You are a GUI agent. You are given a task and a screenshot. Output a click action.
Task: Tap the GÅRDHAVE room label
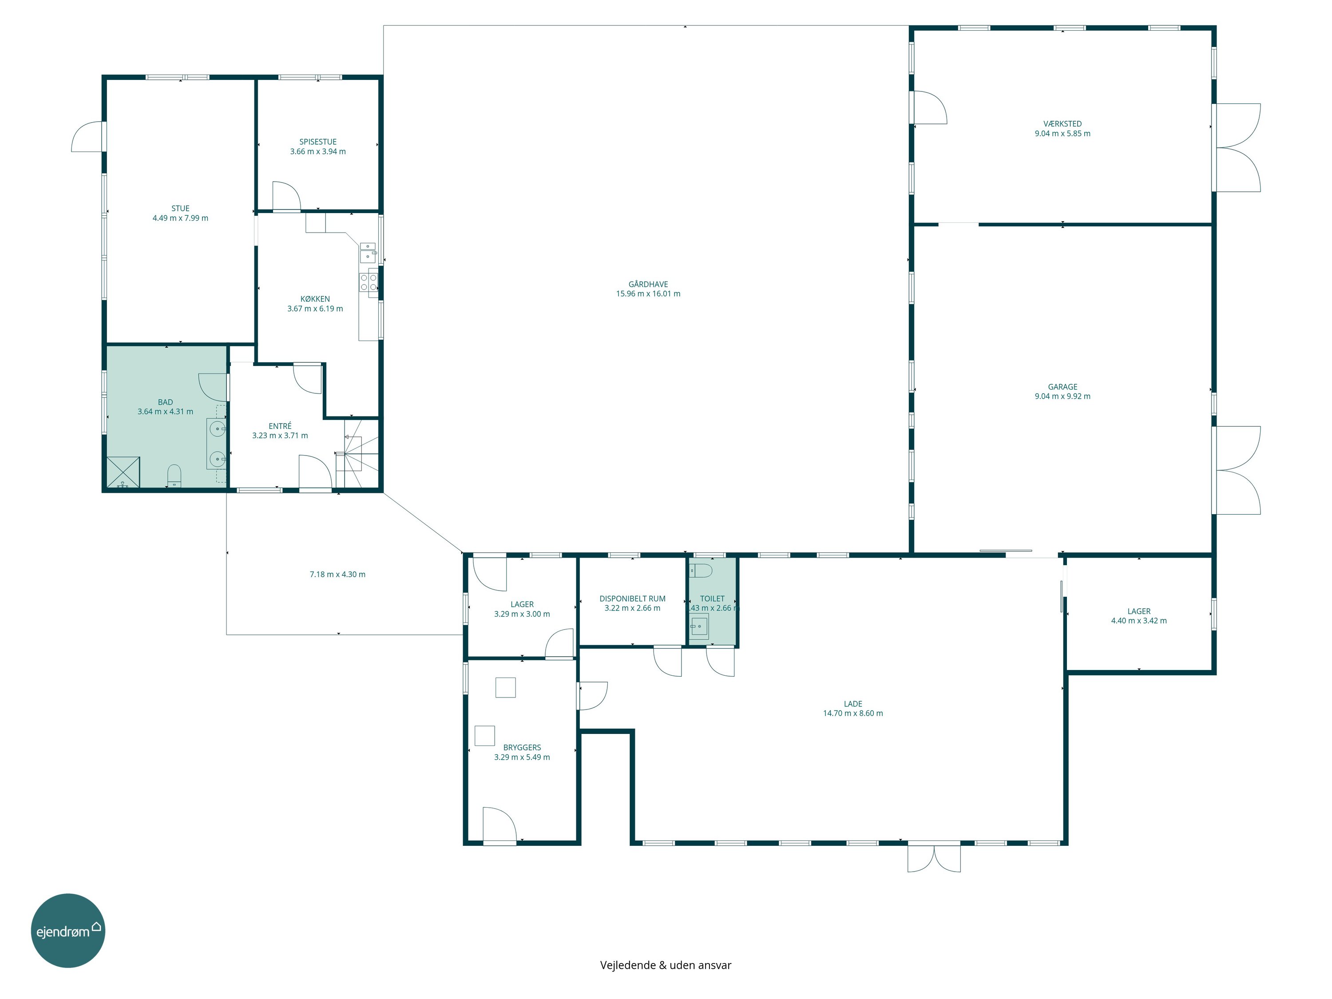coord(648,284)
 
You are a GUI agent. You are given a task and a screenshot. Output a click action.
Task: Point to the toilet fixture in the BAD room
coord(174,476)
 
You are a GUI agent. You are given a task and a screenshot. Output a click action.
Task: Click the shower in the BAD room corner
coord(123,472)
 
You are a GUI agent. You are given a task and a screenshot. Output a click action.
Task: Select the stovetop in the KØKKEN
coord(369,282)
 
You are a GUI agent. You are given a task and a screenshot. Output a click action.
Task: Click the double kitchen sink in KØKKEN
coord(367,253)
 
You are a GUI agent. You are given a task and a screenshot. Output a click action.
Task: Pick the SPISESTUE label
coord(318,142)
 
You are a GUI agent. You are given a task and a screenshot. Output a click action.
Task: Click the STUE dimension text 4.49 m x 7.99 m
coord(180,218)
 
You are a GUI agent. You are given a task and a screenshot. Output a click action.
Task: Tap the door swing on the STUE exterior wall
coord(87,137)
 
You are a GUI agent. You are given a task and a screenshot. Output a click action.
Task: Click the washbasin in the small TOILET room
coord(699,626)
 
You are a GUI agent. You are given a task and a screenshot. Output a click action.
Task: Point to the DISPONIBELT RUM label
coord(632,599)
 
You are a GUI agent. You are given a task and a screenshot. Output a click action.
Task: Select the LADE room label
coord(852,703)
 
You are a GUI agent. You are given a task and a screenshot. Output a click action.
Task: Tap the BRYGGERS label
coord(522,747)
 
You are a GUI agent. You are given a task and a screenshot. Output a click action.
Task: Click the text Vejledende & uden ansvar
coord(666,965)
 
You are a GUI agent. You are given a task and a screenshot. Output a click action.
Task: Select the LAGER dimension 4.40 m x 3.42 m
coord(1139,621)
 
